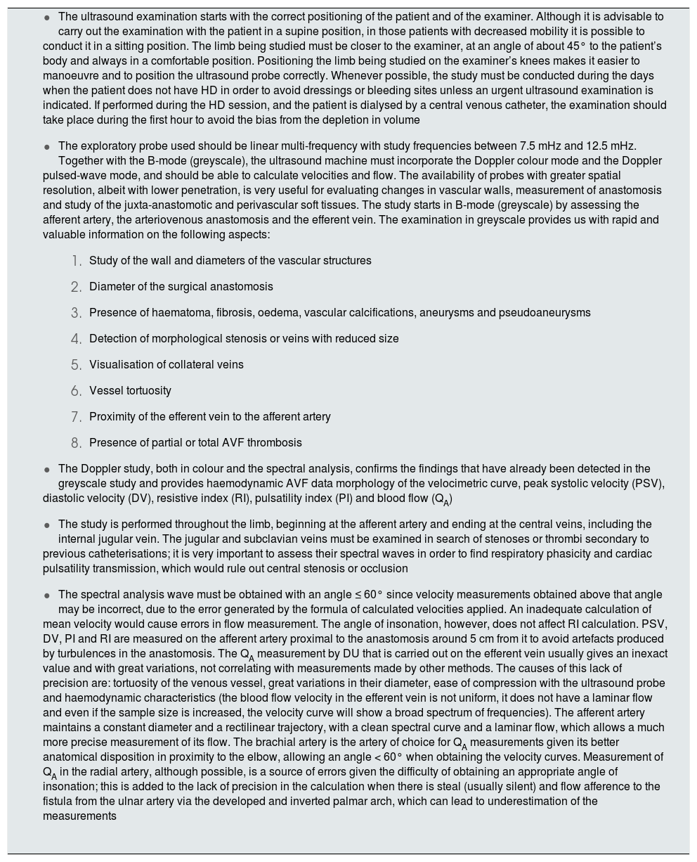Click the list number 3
pos(77,313)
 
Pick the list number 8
pos(77,443)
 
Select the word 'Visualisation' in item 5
pos(120,365)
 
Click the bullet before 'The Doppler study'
pos(47,470)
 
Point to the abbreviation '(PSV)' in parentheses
pos(649,484)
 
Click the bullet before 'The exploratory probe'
pos(47,147)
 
